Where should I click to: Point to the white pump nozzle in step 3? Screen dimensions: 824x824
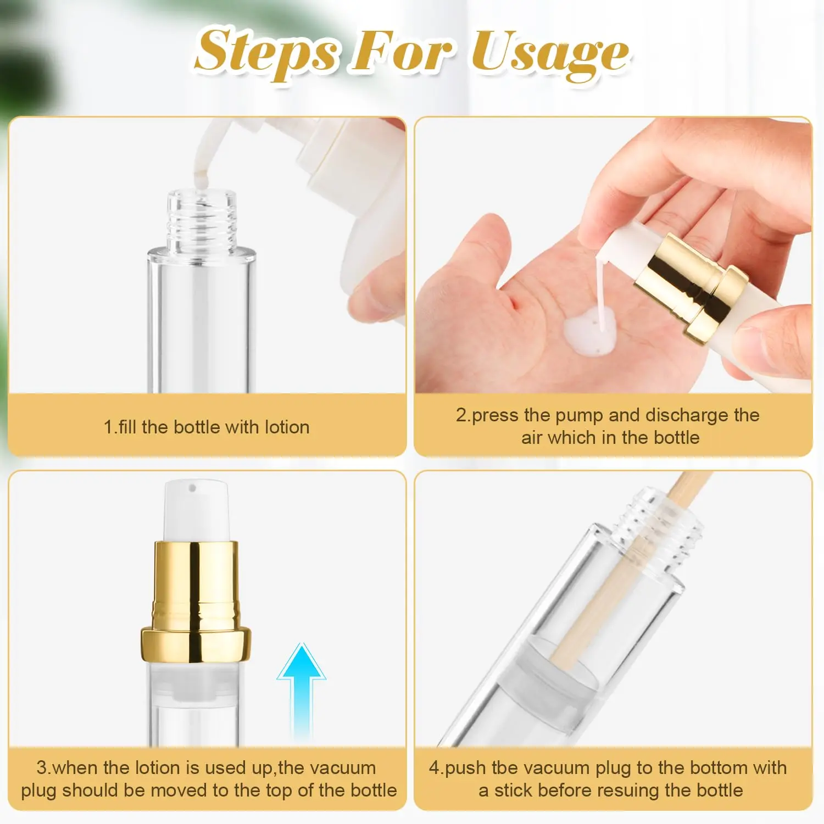196,508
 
